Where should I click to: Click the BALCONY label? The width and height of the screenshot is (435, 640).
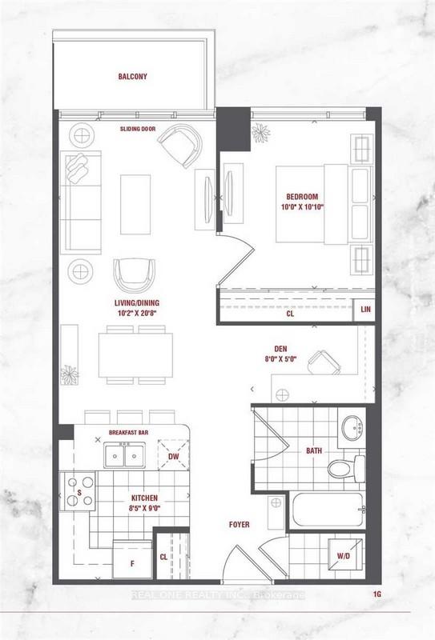132,76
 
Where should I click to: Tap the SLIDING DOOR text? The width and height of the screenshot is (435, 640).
138,129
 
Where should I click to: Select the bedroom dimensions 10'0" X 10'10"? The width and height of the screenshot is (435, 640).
302,207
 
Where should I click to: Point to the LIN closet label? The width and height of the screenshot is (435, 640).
365,309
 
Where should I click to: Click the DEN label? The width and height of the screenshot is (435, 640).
280,349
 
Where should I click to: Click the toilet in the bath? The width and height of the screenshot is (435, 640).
347,468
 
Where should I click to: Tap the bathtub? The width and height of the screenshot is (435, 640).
328,510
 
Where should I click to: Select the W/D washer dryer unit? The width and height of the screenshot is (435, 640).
345,554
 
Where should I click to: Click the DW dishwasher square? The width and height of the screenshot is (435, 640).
174,455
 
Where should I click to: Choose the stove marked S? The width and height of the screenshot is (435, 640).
78,491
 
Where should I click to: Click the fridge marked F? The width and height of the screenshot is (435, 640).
132,560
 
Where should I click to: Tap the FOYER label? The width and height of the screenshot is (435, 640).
240,525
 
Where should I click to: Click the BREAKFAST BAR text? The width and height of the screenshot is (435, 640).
128,432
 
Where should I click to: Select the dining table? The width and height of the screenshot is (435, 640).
135,355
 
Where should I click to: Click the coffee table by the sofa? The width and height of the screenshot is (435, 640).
135,205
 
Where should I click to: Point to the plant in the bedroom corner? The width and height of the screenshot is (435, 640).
260,133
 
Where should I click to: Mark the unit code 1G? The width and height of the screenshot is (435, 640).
377,594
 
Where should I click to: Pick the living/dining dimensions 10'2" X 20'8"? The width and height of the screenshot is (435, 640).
136,313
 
